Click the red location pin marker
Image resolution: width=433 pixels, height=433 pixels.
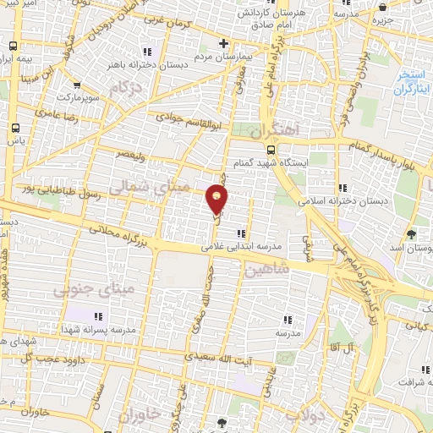(217, 199)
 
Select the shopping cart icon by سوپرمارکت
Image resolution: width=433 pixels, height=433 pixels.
(77, 85)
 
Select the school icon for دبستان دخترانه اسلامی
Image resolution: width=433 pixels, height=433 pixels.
(341, 188)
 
